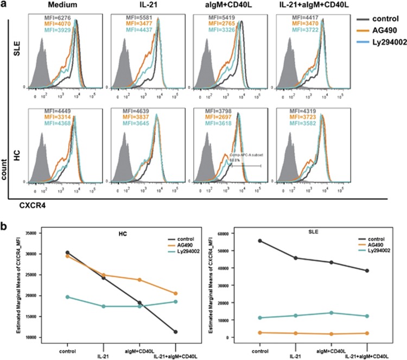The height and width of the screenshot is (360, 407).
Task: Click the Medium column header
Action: coord(61,5)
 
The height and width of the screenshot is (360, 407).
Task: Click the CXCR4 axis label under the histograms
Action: coord(32,206)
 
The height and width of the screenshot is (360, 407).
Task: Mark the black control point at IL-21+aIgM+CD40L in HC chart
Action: coord(175,332)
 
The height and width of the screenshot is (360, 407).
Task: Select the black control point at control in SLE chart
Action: coord(260,241)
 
